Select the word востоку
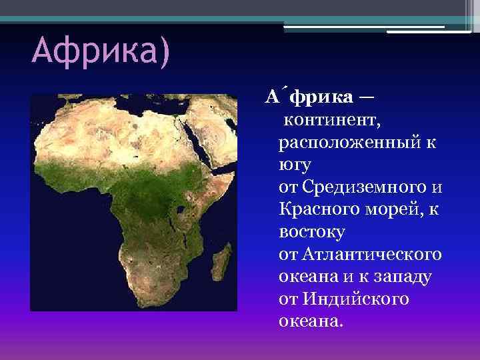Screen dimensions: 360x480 (x=311, y=232)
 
